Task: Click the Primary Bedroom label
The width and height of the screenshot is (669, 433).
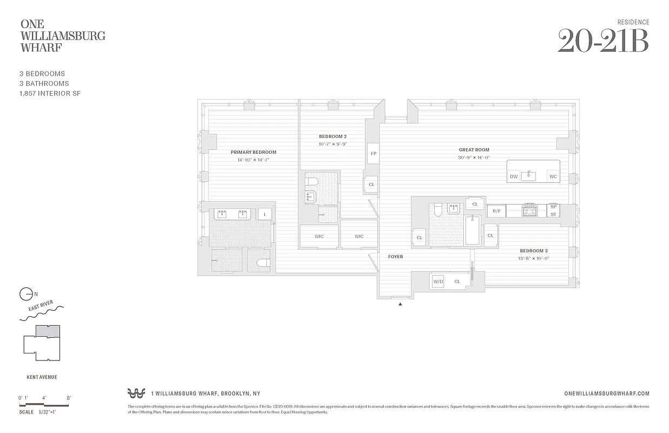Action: click(253, 152)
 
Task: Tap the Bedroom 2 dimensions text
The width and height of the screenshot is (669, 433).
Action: click(332, 144)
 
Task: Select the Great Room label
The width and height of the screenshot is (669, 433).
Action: click(474, 150)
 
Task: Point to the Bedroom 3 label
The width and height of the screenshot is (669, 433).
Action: click(534, 251)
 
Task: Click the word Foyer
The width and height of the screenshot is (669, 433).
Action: click(395, 257)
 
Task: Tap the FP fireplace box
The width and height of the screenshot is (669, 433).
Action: click(373, 154)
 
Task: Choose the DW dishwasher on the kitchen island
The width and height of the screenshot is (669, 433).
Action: click(513, 176)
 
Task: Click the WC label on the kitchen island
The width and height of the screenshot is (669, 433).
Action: click(553, 176)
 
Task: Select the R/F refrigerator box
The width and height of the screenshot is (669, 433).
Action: click(496, 211)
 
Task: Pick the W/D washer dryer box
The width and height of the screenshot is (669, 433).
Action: click(437, 281)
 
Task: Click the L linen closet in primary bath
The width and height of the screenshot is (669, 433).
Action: click(265, 214)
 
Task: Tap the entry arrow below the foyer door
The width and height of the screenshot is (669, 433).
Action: click(401, 305)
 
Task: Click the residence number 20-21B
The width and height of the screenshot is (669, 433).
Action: click(602, 41)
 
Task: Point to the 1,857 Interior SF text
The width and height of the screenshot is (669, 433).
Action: click(50, 94)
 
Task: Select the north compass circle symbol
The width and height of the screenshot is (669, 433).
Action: click(25, 294)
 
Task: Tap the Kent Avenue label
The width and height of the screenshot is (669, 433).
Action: click(42, 377)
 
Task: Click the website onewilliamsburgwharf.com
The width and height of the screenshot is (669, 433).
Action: click(606, 394)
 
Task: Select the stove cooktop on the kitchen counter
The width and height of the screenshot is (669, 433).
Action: click(529, 211)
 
